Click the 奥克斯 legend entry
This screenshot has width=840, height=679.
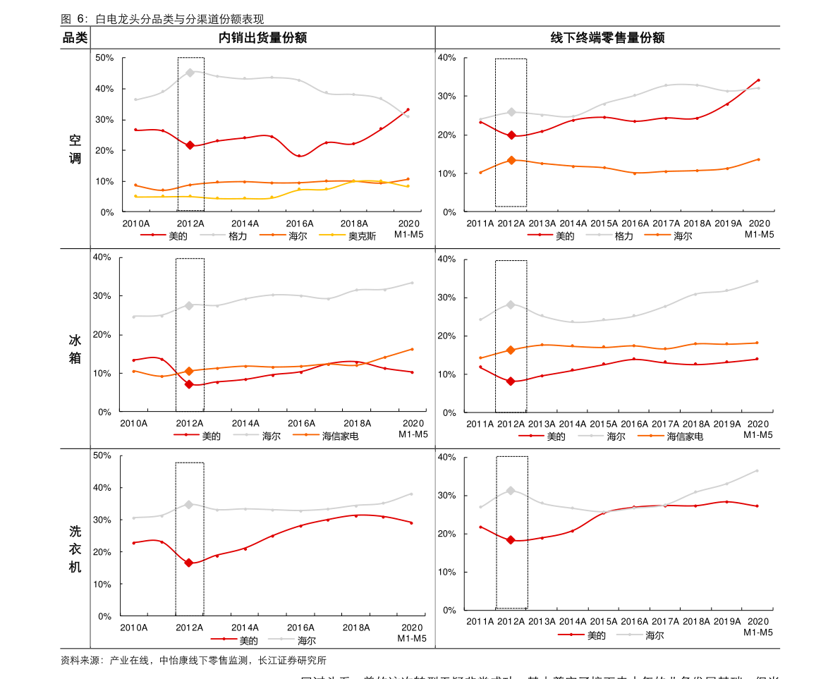[x=362, y=236]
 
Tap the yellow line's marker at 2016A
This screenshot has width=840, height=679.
[x=299, y=190]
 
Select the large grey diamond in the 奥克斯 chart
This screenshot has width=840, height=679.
[x=190, y=73]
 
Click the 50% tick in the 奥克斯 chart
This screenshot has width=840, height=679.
[x=104, y=58]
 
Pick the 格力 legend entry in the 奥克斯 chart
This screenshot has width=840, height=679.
[x=238, y=236]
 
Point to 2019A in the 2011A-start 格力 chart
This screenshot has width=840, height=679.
[x=727, y=224]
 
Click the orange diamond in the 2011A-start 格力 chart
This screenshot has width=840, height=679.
[x=511, y=160]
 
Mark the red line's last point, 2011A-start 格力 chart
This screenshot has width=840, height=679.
[x=758, y=80]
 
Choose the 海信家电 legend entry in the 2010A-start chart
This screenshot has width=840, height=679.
[x=341, y=436]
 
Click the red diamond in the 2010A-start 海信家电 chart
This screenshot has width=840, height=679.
[x=189, y=384]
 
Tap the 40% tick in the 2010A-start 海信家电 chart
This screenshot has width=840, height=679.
[x=102, y=257]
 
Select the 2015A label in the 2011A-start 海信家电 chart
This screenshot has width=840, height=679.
[x=603, y=424]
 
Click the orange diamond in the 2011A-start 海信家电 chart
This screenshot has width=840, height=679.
[x=511, y=350]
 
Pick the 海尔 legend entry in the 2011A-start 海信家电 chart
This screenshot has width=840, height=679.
[x=616, y=436]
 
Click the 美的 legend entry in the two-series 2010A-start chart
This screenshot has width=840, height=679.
[x=248, y=641]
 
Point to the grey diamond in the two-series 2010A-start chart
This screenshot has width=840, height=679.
[x=189, y=505]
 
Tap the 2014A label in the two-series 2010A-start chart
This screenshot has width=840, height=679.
[x=244, y=628]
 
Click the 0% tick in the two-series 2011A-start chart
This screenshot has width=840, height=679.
[x=449, y=611]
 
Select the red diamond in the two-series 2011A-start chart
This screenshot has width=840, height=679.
[x=511, y=540]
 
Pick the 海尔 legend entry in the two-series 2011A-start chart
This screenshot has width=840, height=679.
[x=655, y=635]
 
